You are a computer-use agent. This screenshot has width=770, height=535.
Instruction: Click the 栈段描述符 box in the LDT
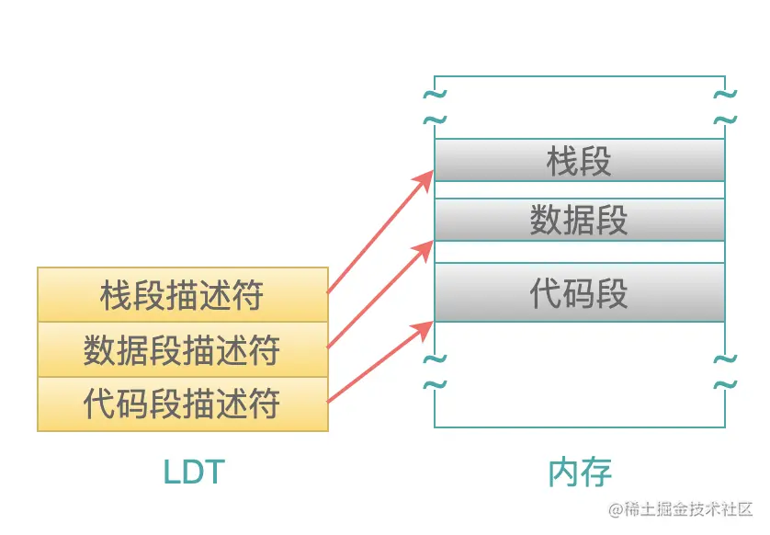click(x=182, y=295)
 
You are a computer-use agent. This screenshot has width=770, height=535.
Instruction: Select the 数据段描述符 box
click(x=182, y=349)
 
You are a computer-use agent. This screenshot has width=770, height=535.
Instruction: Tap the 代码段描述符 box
click(x=182, y=404)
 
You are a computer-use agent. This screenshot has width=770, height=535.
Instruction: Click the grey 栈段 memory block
click(x=579, y=161)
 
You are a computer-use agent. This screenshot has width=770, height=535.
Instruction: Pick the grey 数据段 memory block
click(x=579, y=220)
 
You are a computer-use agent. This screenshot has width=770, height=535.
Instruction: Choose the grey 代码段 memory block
click(x=579, y=293)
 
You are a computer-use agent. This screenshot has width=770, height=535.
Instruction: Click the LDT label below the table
click(x=193, y=472)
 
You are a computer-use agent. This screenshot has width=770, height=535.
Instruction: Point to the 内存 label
click(x=579, y=472)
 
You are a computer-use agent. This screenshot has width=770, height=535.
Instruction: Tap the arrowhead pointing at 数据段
click(x=425, y=248)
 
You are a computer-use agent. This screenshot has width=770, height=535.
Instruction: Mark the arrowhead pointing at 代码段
click(x=425, y=325)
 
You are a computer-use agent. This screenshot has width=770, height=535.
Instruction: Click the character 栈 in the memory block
click(x=562, y=161)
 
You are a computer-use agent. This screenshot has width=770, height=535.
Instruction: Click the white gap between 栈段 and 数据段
click(x=579, y=190)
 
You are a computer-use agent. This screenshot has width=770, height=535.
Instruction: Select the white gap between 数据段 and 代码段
click(x=579, y=252)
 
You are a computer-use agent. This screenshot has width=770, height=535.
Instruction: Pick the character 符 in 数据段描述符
click(x=264, y=349)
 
